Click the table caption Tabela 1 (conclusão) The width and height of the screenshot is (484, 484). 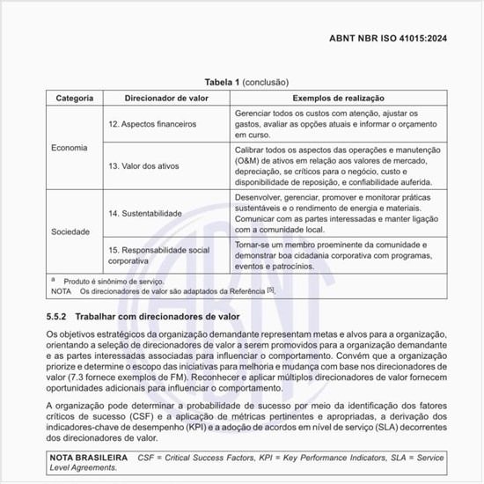click(241, 82)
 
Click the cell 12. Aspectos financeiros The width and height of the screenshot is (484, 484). click(152, 125)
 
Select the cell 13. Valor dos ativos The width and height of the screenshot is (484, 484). click(143, 166)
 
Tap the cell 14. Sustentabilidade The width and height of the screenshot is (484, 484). click(145, 214)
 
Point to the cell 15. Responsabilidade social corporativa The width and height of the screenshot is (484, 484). click(158, 255)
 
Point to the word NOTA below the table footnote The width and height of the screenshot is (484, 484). click(62, 290)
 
